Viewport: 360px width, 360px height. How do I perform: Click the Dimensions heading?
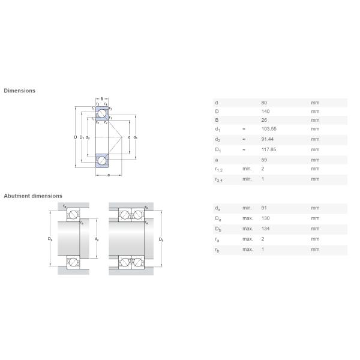[x=20, y=91]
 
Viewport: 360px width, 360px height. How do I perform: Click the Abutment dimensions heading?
[x=33, y=196]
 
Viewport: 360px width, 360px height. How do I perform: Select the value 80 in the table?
[x=264, y=103]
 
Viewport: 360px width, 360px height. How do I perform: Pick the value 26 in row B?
[x=264, y=120]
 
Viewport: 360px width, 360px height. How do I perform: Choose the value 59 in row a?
[x=264, y=160]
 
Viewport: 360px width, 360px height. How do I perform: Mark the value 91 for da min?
[x=264, y=208]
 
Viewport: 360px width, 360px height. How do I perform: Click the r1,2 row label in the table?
[x=218, y=170]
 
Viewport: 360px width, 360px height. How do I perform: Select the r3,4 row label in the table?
[x=218, y=179]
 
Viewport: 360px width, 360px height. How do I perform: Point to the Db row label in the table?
[x=218, y=229]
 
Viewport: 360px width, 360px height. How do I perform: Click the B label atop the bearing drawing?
[x=102, y=98]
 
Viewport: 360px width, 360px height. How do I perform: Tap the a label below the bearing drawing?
[x=109, y=175]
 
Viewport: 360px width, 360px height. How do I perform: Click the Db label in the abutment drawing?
[x=161, y=240]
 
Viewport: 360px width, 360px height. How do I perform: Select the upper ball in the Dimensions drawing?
[x=103, y=113]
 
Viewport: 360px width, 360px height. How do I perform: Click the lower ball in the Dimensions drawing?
[x=103, y=161]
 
